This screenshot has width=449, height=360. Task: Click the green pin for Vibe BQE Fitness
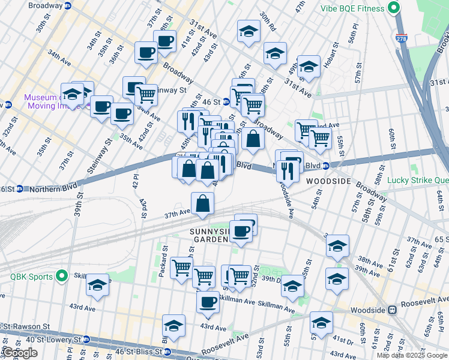pos(394,8)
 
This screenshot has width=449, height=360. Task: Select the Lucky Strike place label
pos(418,180)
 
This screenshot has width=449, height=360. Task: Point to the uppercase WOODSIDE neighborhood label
pos(328,181)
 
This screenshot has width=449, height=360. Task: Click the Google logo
pos(20,353)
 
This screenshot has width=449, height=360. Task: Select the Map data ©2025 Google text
pos(412,355)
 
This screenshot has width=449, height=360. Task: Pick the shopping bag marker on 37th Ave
pos(203,203)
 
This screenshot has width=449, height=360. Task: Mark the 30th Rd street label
pos(267,22)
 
